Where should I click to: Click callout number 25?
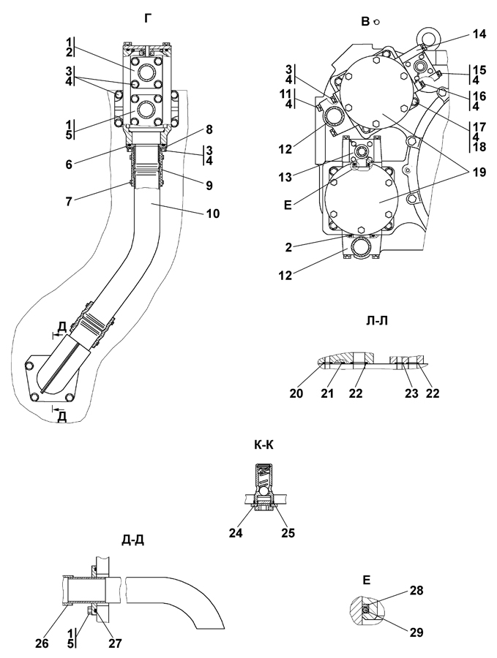[287, 533]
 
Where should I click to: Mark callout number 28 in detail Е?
[416, 590]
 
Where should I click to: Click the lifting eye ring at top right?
[427, 35]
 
